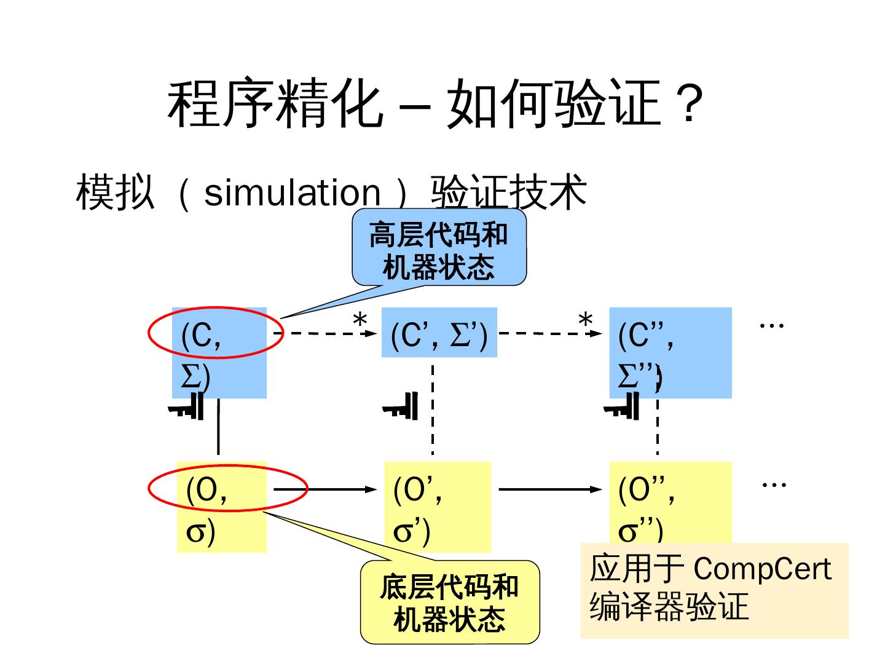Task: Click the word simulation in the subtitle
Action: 292,192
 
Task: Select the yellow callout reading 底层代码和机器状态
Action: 449,603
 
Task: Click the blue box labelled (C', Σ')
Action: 439,333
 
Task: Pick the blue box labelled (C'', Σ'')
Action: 670,352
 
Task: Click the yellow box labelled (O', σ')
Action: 437,507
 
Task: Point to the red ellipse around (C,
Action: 215,333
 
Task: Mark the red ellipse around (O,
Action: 227,489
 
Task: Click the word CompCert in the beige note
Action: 761,569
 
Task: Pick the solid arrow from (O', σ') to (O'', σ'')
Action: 550,489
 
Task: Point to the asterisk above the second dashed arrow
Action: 586,320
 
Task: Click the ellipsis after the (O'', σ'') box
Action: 774,484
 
